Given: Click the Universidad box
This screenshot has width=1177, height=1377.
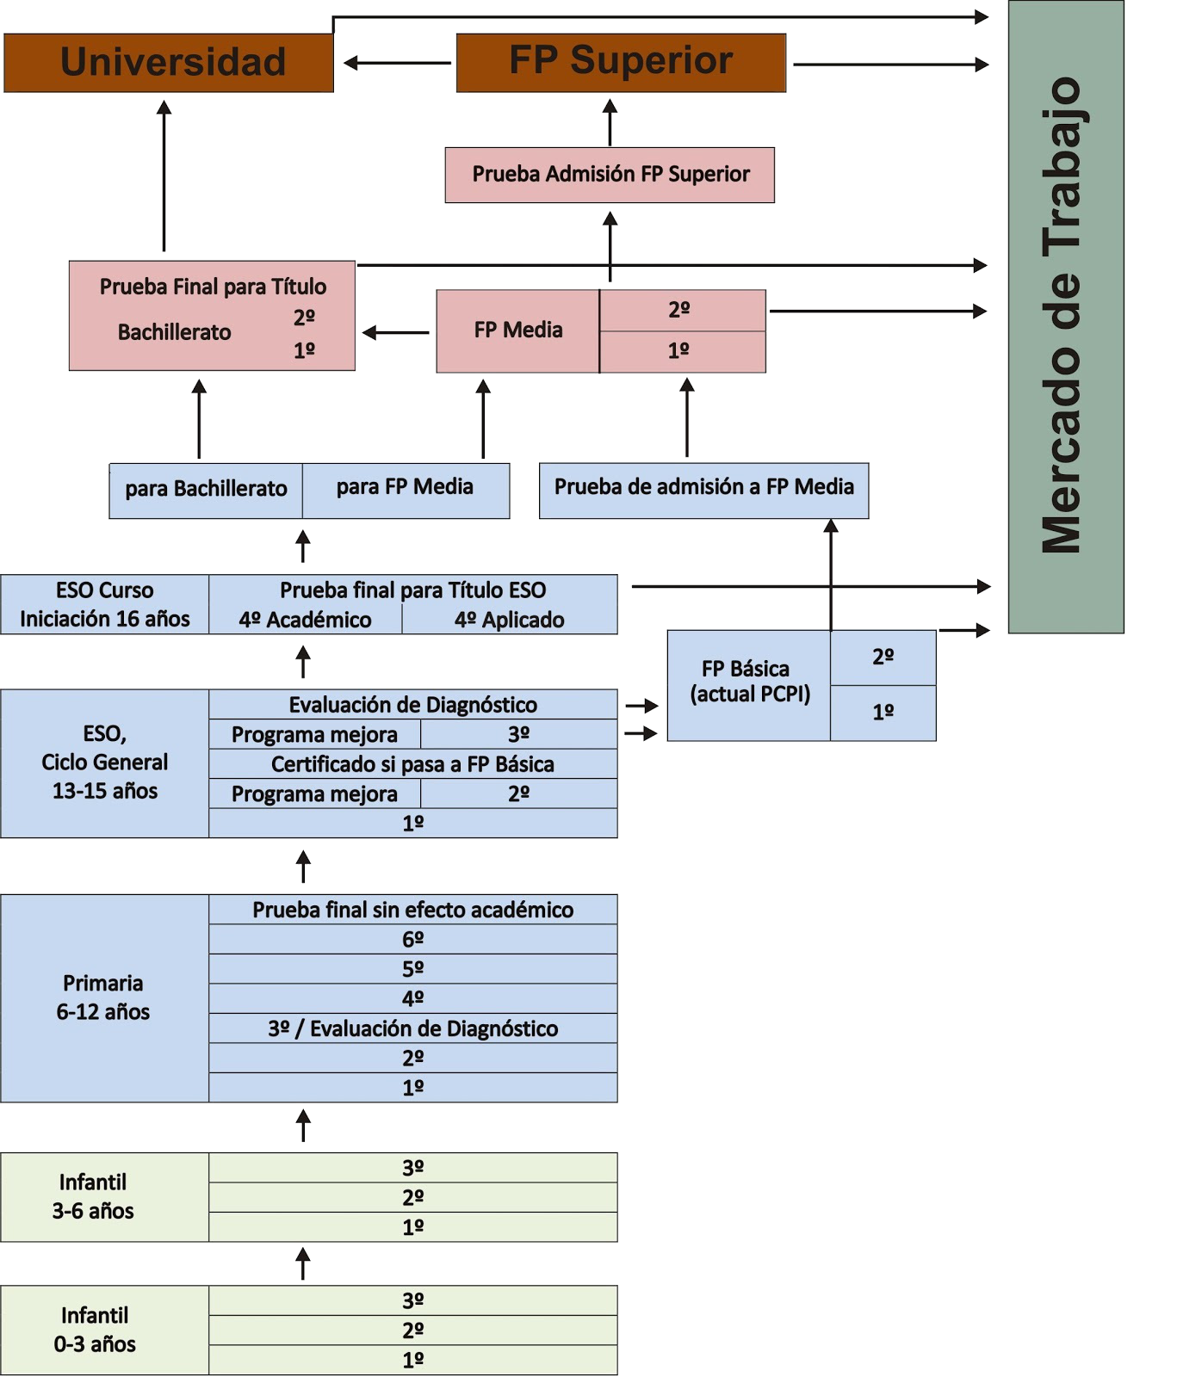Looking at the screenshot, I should pos(169,63).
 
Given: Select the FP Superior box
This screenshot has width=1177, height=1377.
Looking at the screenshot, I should pos(621,62).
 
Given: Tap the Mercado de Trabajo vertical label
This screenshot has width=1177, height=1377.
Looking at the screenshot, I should pos(1065,316).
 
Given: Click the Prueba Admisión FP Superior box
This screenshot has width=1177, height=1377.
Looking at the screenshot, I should pos(610,175).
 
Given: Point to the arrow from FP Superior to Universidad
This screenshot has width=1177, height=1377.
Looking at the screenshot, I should pos(397,63).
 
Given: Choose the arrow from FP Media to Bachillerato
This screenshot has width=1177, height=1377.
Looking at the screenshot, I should pos(396,332).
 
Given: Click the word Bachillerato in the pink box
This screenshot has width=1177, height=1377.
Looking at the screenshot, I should pos(175,332).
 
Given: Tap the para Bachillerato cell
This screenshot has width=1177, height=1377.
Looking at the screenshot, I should pos(206,490).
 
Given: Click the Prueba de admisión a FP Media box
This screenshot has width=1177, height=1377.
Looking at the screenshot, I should pos(703,488).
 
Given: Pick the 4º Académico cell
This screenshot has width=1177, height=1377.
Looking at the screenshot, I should pos(305,620).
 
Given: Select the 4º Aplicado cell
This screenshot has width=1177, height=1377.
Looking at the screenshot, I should pos(509,620).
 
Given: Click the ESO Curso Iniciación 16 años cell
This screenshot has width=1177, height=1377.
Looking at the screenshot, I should pos(104,604).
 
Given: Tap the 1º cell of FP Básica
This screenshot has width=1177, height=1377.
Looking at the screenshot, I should pos(883,713).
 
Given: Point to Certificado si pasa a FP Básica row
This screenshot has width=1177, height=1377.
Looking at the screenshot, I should pos(412,764).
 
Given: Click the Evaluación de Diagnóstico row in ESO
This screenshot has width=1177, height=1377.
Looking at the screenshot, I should pos(412,705).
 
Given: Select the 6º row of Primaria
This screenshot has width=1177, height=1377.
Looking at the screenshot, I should pos(412,939).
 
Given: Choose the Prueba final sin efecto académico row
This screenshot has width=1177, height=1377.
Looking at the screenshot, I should pos(412,910).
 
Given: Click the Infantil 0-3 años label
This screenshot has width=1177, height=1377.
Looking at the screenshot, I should pos(95,1330).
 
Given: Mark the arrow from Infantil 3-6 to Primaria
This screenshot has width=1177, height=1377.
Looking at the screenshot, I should pos(303,1126).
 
